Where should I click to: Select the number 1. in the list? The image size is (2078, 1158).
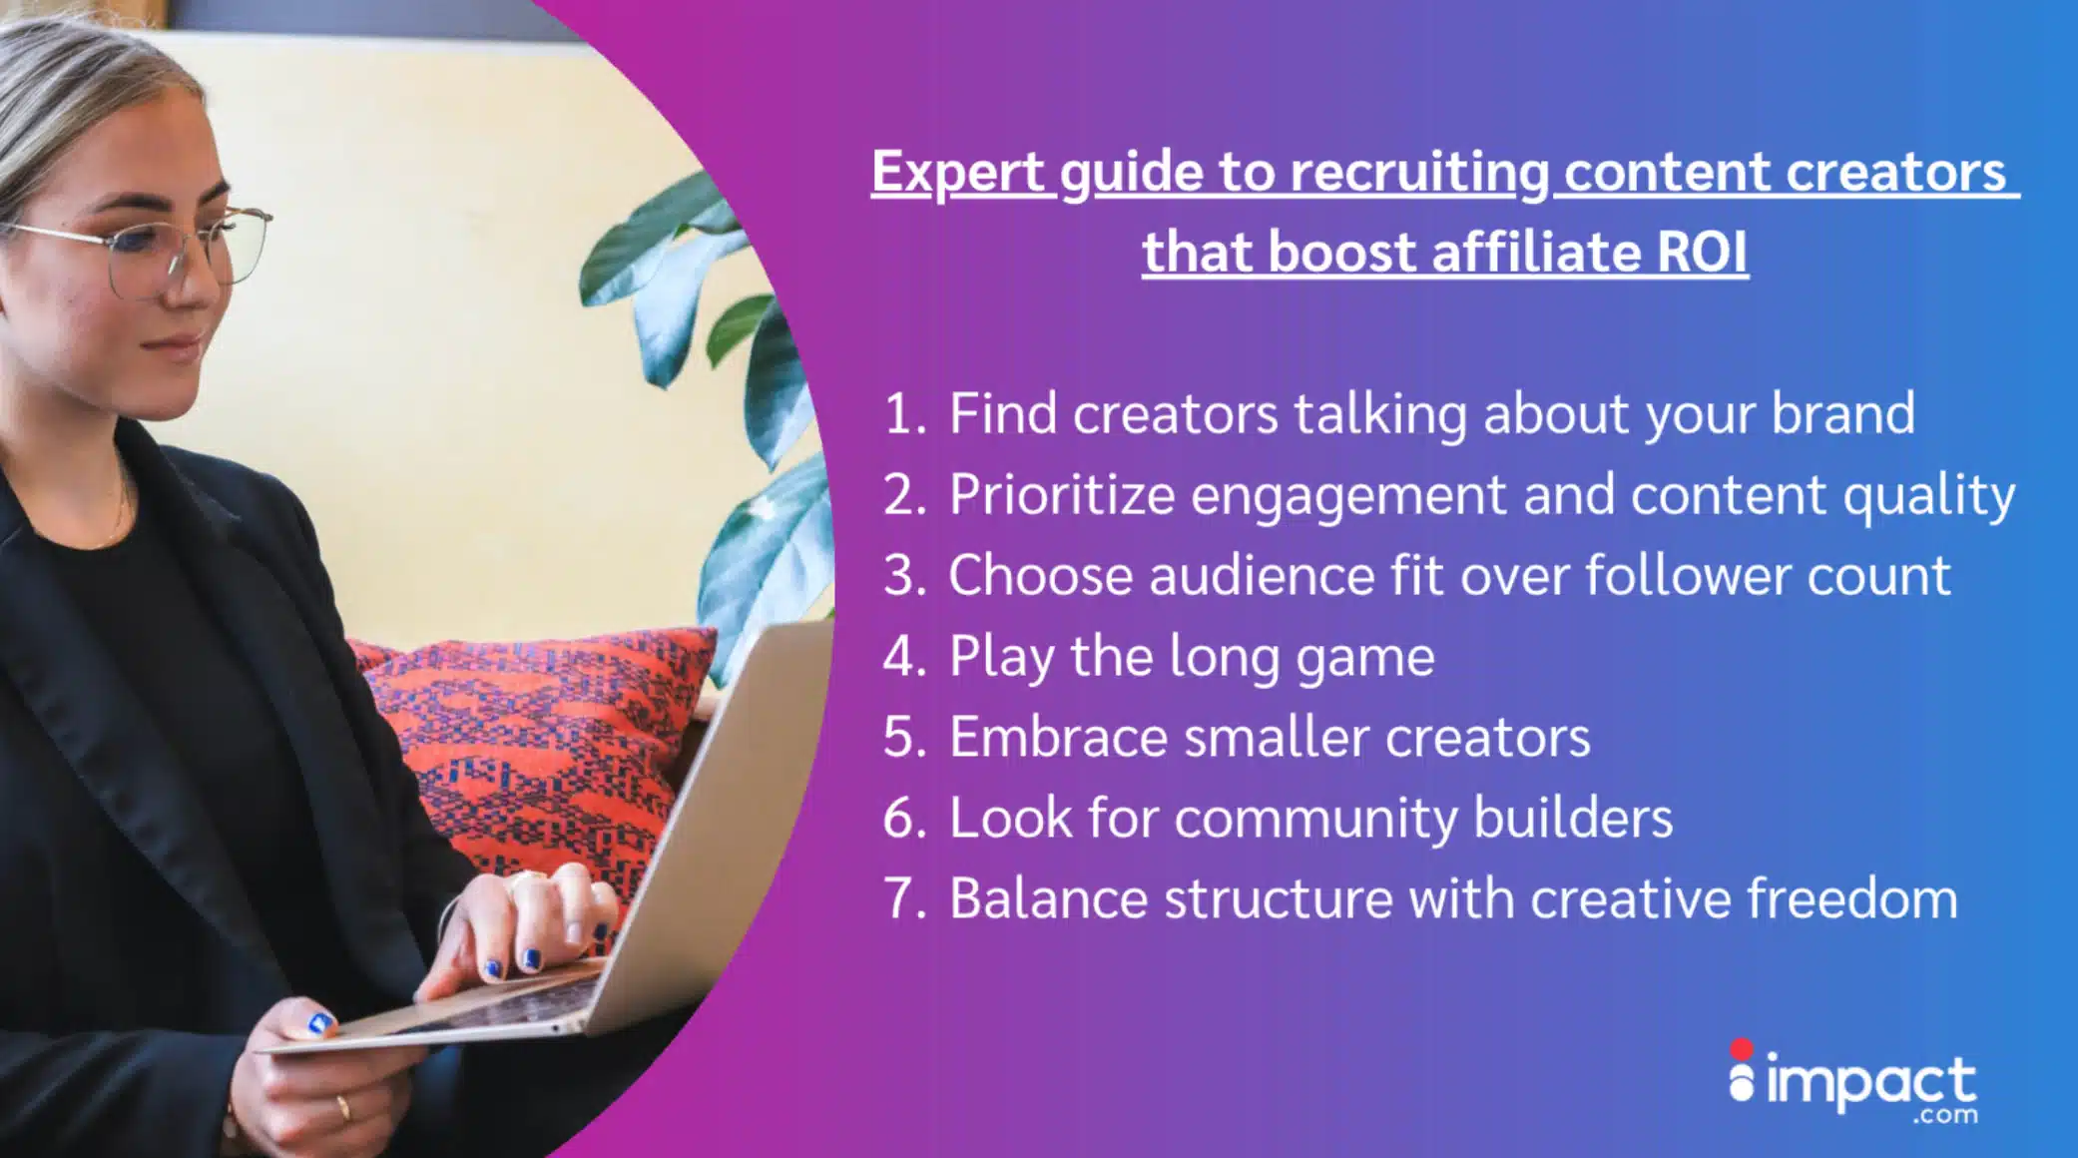pos(905,414)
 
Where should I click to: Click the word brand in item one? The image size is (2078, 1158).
pos(1842,413)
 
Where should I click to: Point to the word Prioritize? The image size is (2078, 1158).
pos(1062,495)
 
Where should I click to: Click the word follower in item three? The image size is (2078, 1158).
pos(1687,575)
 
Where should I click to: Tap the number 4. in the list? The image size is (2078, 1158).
pos(905,657)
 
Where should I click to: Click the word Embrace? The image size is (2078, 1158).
pos(1058,737)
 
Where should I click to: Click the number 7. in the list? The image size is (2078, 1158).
pos(905,898)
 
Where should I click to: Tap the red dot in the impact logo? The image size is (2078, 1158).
pos(1742,1049)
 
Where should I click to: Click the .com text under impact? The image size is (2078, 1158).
pos(1945,1114)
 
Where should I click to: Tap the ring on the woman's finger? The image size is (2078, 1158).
pos(343,1107)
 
